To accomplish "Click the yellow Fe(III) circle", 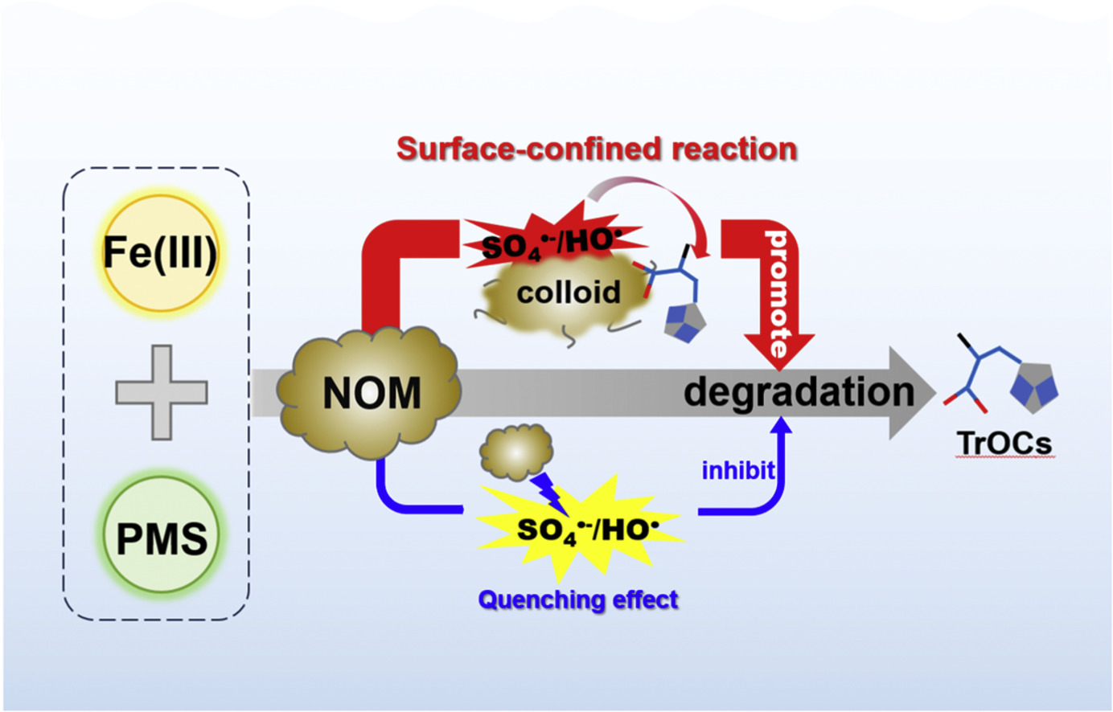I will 159,252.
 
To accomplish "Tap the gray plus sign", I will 162,393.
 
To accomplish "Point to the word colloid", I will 569,292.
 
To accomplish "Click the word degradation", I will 799,393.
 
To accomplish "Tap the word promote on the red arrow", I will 777,293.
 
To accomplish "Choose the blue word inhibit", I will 738,470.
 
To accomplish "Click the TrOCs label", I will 1004,443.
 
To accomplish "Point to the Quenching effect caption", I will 578,599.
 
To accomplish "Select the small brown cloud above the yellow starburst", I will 515,451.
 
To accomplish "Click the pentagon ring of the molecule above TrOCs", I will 1034,384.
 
